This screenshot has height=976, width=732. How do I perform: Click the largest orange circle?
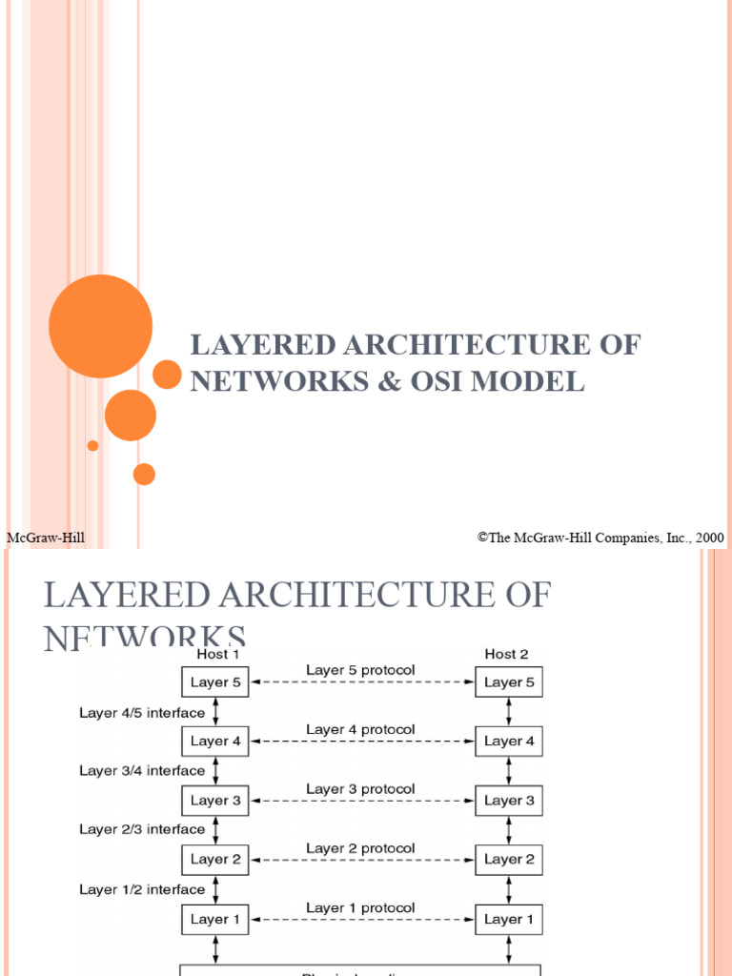100,327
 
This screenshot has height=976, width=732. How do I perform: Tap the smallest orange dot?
92,445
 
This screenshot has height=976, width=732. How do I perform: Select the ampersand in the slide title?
386,381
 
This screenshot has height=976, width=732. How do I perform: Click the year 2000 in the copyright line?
709,538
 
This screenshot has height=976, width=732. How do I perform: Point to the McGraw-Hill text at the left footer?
46,539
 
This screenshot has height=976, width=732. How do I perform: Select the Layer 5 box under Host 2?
509,682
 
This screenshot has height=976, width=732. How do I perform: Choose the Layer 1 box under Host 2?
509,919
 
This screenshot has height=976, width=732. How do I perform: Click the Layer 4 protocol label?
360,730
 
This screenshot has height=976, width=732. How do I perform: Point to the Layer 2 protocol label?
360,848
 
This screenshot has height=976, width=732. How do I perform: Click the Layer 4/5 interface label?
142,712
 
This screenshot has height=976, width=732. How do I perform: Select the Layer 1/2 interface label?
142,889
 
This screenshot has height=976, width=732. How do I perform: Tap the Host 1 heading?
213,655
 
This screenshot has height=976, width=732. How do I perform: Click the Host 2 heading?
506,655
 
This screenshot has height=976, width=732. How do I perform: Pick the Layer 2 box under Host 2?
509,860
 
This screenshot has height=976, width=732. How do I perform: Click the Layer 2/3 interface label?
142,829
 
